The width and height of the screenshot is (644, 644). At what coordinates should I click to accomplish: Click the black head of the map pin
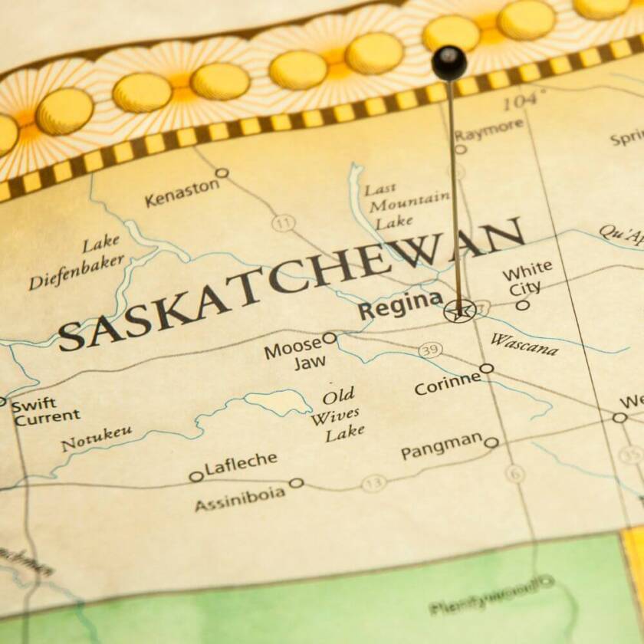(x=449, y=62)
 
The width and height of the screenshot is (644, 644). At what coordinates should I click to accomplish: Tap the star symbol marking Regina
(x=458, y=311)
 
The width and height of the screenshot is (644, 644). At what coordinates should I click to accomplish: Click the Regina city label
(x=400, y=305)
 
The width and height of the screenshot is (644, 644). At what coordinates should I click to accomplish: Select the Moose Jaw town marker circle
(x=329, y=337)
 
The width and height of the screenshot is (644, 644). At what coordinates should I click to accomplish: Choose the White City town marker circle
(x=522, y=304)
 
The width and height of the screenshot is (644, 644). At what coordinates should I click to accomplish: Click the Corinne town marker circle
(x=487, y=368)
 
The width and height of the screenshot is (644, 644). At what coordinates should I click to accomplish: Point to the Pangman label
(x=442, y=446)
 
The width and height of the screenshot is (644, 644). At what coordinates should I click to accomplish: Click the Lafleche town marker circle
(x=196, y=476)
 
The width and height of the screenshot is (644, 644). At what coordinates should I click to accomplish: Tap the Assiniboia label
(x=239, y=497)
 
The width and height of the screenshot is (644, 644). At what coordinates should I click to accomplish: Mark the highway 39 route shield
(x=430, y=350)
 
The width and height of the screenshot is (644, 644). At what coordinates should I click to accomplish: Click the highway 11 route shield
(x=284, y=223)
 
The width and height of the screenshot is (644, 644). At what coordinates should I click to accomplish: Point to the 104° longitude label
(x=524, y=100)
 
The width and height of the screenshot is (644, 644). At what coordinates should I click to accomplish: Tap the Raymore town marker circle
(x=460, y=149)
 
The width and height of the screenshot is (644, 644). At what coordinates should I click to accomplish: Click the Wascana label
(x=524, y=344)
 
